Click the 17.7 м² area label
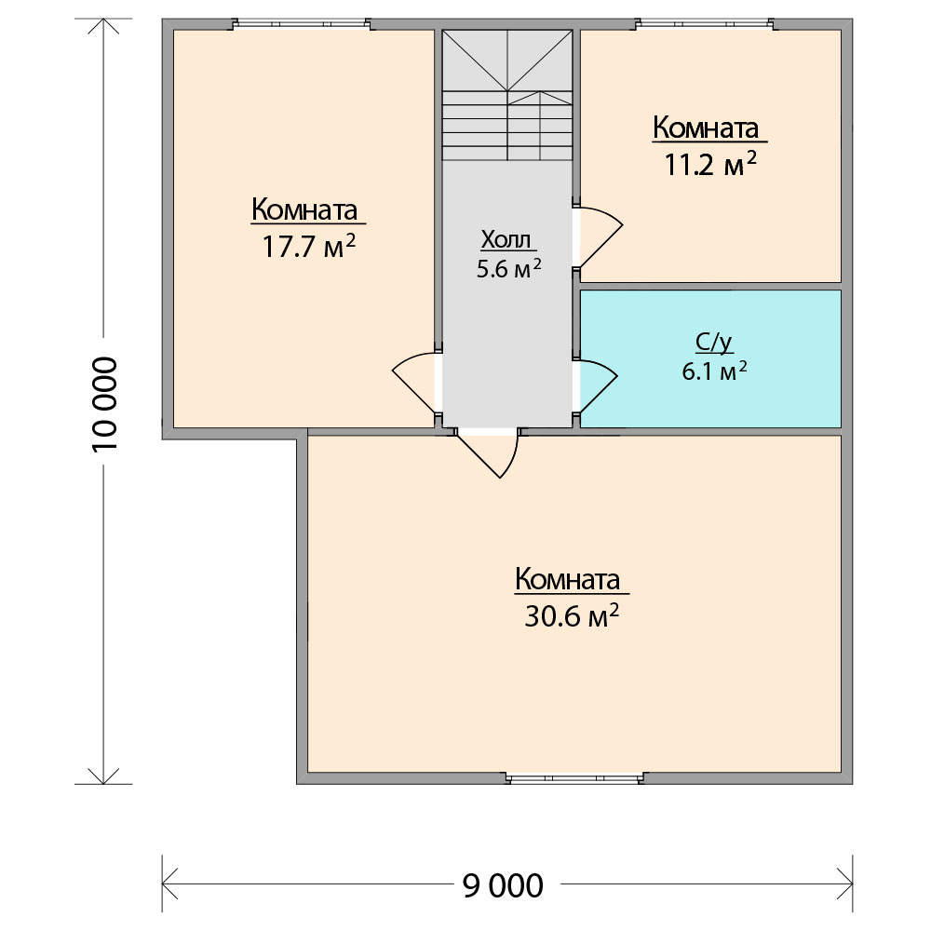tap(309, 246)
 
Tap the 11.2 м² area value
tap(710, 164)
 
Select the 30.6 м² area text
tap(572, 615)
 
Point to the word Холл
tap(506, 239)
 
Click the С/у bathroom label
tap(713, 343)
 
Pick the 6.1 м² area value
tap(714, 371)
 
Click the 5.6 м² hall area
tap(509, 269)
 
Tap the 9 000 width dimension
tap(503, 886)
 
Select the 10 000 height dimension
tap(105, 404)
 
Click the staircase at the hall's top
tap(507, 95)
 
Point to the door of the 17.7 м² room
tap(415, 383)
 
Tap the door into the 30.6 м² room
tap(488, 453)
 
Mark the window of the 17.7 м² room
tap(301, 24)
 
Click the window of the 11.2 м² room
tap(706, 24)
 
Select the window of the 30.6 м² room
tap(575, 778)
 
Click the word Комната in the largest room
tap(568, 579)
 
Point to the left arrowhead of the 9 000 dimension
tap(170, 884)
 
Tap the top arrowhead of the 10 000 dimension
tap(103, 26)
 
